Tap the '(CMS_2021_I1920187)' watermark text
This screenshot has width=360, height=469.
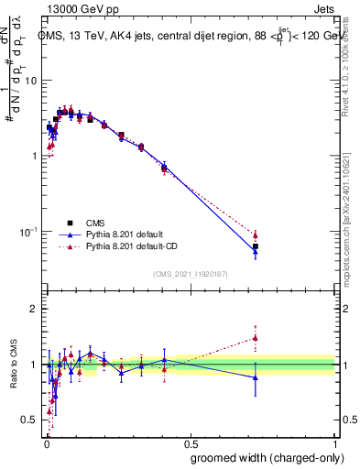[x=191, y=273]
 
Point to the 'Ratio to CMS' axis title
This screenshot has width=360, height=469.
[x=13, y=365]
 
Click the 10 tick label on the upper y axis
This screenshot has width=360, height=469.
[x=30, y=81]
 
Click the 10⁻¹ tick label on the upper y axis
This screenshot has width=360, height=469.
[x=27, y=231]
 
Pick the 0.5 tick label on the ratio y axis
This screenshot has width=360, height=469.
[x=30, y=420]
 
